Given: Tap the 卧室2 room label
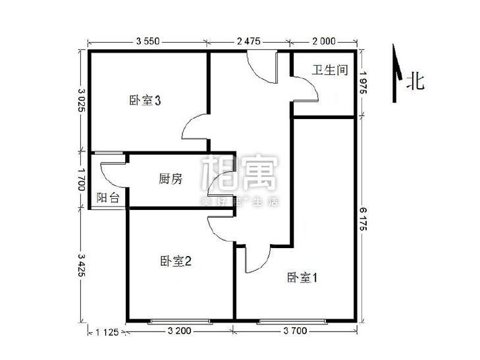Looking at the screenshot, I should tap(175, 261).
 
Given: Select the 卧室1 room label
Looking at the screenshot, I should tap(302, 278).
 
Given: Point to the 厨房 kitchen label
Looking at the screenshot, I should tap(170, 178).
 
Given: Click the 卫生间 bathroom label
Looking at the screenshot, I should tap(329, 70).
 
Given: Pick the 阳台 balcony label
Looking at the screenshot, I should tap(108, 197).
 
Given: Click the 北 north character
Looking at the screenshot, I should tap(415, 82).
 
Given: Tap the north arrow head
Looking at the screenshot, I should tap(395, 56).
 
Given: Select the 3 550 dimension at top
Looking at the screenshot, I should tap(148, 41).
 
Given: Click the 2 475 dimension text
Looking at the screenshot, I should tap(249, 41).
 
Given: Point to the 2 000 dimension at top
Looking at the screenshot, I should tap(323, 41).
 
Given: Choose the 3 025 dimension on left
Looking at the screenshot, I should tap(80, 100).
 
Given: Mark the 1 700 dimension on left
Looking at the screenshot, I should tap(80, 178).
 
